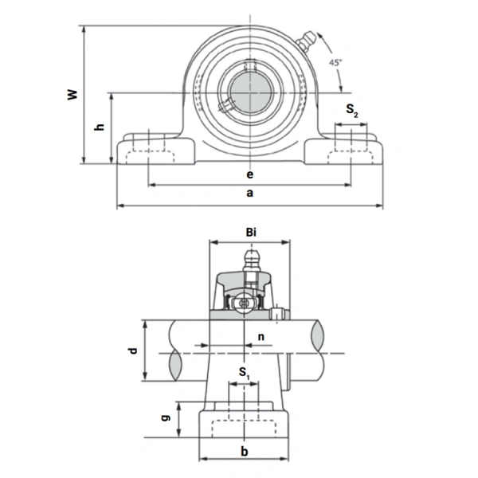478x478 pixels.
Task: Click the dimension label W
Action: click(72, 95)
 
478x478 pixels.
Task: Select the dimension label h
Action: click(99, 128)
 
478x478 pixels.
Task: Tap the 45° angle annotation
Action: click(335, 63)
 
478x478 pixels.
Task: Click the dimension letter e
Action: click(249, 174)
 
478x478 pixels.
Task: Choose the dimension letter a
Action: click(249, 194)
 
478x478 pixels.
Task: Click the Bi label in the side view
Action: click(251, 232)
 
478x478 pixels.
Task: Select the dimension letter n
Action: click(262, 337)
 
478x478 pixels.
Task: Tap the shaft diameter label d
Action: click(134, 351)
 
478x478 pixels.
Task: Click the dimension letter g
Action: click(165, 418)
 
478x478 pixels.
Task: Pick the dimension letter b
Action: click(245, 451)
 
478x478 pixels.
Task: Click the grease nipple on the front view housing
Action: click(304, 41)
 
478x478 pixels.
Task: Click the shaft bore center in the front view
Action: click(249, 92)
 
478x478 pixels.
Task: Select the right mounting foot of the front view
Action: click(347, 151)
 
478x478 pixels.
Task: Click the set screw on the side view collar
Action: click(276, 313)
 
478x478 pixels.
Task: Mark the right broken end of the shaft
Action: click(320, 351)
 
